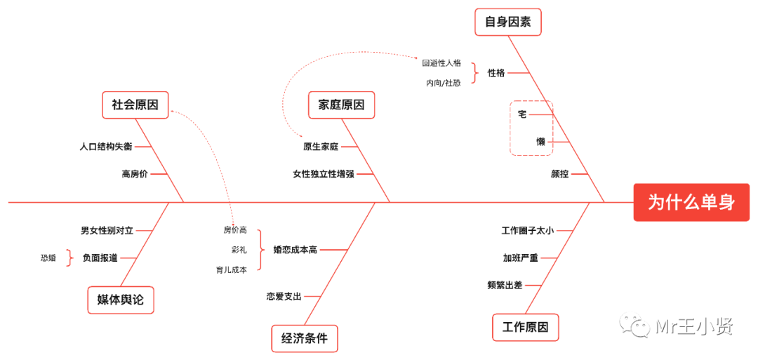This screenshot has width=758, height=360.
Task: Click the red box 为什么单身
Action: (691, 202)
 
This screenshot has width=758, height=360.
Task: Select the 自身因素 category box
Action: (507, 22)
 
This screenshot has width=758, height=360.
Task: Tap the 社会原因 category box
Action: (135, 105)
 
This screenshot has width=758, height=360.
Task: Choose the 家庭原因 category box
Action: (341, 105)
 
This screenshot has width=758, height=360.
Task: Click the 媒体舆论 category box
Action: (120, 300)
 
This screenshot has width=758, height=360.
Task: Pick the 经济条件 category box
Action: (304, 338)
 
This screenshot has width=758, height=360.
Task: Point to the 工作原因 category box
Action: (525, 327)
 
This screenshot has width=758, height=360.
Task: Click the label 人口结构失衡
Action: (105, 147)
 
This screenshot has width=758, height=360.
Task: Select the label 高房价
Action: (135, 174)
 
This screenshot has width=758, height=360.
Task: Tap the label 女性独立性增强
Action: (324, 174)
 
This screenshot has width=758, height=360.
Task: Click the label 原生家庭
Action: (321, 147)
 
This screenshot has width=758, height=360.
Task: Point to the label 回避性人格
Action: (441, 62)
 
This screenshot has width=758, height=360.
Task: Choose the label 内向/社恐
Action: (443, 83)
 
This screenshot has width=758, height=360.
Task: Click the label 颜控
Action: (559, 174)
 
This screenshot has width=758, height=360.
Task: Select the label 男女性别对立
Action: (107, 230)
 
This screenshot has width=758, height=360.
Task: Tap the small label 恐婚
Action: (48, 258)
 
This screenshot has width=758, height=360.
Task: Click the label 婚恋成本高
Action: (295, 249)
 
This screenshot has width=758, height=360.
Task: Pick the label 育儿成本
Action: (232, 269)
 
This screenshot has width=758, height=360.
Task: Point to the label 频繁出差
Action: (505, 285)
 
